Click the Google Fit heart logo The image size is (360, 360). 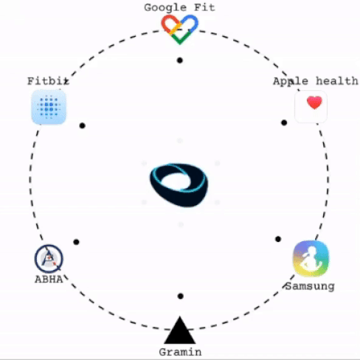[180, 30]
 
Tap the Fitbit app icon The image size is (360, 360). [49, 107]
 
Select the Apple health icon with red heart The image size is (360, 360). [311, 106]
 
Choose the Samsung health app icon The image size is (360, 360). [311, 258]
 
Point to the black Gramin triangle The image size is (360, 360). [180, 330]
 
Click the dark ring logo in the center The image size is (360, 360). [179, 184]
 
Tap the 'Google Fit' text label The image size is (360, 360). [179, 7]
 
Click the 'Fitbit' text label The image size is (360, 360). [48, 81]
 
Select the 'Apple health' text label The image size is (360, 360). [316, 81]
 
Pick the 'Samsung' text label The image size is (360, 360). [310, 286]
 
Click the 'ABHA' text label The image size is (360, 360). [49, 280]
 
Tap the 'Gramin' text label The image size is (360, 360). [180, 352]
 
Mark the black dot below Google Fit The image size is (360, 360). [180, 60]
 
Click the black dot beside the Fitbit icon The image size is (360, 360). [83, 125]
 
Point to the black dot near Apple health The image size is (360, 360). [284, 122]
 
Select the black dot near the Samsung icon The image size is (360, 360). [278, 239]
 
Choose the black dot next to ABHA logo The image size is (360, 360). [76, 242]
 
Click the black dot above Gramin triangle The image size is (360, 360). [181, 296]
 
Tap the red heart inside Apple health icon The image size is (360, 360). [314, 103]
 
